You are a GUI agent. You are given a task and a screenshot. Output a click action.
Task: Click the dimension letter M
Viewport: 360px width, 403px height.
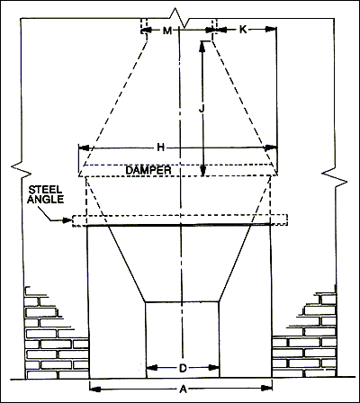coord(167,31)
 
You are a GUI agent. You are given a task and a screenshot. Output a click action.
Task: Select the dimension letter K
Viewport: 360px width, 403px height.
coord(243,30)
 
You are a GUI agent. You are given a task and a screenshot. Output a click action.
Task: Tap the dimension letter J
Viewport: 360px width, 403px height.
coord(202,110)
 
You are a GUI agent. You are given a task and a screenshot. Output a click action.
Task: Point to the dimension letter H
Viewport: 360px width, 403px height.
coord(161,148)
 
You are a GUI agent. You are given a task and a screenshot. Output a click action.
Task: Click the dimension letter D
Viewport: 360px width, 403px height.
coord(183,368)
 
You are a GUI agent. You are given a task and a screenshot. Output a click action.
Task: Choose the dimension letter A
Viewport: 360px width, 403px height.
coord(183,390)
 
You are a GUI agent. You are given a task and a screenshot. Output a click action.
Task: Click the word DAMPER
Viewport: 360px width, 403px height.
coord(148,170)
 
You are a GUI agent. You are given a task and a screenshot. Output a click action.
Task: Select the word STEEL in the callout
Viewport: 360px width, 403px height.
coord(45,190)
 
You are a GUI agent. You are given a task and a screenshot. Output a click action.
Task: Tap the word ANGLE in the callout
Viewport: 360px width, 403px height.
coord(46,199)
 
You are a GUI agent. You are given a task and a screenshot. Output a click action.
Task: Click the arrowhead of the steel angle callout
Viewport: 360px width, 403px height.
coord(67,220)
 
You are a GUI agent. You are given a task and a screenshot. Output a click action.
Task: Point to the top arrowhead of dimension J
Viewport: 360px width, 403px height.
coord(202,47)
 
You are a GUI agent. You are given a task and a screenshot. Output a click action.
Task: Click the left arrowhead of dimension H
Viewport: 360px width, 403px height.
coord(84,148)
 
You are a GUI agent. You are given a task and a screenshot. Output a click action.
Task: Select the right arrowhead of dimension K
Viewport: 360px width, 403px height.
coord(271,29)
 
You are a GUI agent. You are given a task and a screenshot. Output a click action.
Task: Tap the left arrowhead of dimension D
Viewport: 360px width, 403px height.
coord(152,368)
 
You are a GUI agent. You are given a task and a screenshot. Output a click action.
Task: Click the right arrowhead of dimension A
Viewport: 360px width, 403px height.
coord(266,388)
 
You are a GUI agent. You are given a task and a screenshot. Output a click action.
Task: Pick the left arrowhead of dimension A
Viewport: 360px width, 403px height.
coord(95,390)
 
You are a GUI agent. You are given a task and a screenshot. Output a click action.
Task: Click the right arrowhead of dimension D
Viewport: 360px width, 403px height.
coord(213,368)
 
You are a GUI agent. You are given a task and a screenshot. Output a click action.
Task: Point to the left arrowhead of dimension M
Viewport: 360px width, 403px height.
coord(146,31)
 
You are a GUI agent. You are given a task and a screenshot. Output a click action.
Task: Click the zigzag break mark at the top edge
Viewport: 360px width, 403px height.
coord(179,18)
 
